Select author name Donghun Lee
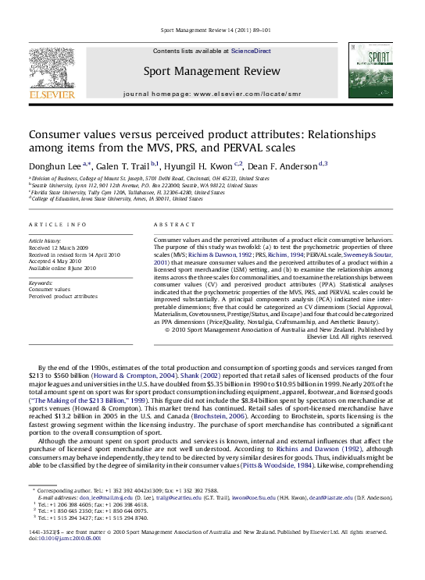coord(54,164)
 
